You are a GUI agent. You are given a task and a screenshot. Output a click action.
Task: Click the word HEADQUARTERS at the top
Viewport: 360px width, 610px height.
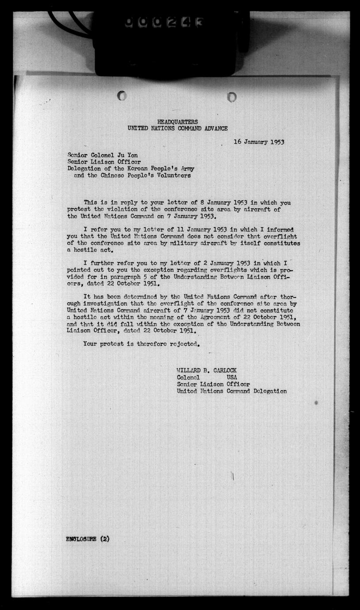[177, 122]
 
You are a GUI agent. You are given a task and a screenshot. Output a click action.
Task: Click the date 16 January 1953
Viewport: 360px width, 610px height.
[259, 142]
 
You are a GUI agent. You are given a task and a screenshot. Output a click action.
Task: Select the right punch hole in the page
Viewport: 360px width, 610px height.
[232, 97]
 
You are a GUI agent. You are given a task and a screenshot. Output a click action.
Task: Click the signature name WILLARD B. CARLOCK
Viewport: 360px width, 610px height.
[203, 370]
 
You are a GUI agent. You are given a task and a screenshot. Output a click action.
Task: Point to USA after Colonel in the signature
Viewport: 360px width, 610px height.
[232, 377]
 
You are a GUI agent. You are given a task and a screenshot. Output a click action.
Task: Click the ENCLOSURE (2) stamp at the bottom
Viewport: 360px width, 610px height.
[81, 538]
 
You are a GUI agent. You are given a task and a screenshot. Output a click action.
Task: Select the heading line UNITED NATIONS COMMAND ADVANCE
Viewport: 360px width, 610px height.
[177, 128]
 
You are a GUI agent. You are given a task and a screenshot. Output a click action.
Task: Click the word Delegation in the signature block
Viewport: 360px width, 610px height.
[263, 391]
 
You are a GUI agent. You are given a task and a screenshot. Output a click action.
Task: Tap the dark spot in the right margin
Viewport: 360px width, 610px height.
[316, 402]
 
